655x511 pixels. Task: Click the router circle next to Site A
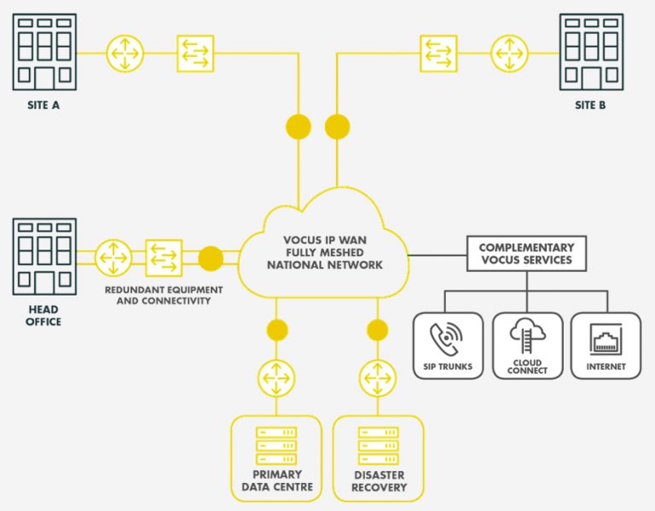[x=125, y=53]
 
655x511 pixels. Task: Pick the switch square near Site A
[x=194, y=53]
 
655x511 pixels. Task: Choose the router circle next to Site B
[x=509, y=53]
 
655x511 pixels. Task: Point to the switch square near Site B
[x=438, y=53]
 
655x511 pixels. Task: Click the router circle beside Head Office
[x=113, y=258]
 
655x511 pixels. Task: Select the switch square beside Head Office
[x=164, y=258]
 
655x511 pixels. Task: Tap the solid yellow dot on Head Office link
[x=211, y=258]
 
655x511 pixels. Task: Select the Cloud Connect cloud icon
[x=527, y=336]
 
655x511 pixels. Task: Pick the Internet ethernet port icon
[x=606, y=338]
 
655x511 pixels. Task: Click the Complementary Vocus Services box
[x=525, y=253]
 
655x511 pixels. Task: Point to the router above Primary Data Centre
[x=276, y=377]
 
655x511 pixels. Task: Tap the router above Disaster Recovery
[x=377, y=377]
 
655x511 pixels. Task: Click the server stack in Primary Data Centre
[x=276, y=445]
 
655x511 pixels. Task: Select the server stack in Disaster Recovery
[x=378, y=445]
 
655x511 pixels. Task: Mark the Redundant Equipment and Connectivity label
[x=163, y=296]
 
